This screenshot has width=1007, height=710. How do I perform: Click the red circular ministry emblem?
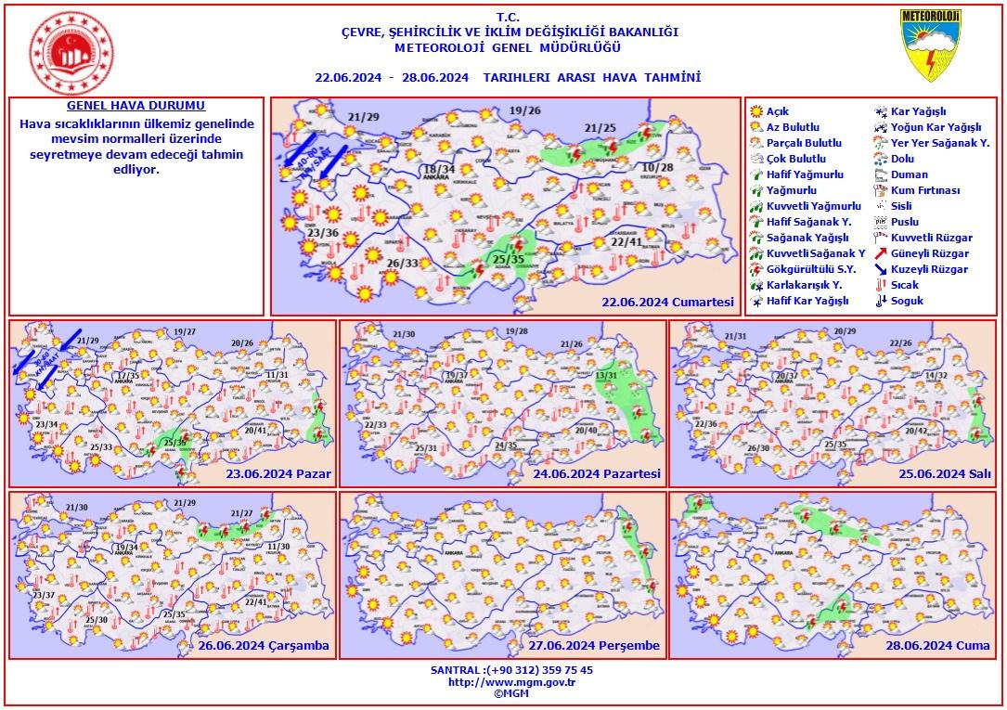(71, 50)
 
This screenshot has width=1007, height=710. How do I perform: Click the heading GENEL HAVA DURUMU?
(136, 107)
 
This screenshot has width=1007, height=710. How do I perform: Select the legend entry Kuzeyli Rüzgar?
(929, 269)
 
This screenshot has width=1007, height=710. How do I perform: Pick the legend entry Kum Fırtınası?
(924, 190)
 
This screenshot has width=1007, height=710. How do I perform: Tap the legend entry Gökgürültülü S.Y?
(804, 269)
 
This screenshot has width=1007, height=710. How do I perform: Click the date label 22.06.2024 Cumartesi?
(667, 302)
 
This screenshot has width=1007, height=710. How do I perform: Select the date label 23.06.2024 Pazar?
(278, 473)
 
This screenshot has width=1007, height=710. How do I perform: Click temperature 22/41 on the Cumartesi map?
(627, 241)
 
